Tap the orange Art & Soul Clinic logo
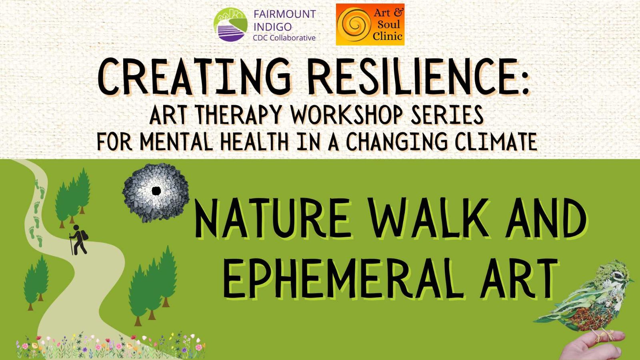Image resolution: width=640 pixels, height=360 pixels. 370,24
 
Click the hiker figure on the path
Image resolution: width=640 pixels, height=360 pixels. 78,239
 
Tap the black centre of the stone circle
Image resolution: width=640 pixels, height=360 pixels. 156,190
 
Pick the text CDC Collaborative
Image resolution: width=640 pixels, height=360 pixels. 284,38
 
